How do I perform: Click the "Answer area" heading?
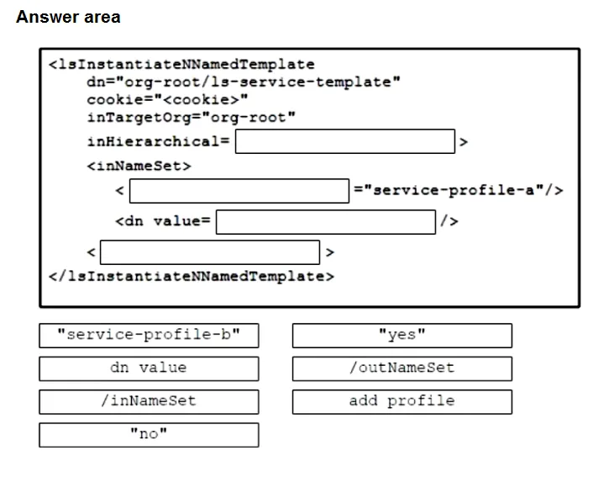pos(68,17)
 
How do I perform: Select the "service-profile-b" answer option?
pos(149,336)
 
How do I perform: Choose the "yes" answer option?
pos(402,336)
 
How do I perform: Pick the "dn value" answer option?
pos(149,368)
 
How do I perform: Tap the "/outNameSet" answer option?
pos(402,368)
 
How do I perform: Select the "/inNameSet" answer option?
pos(149,402)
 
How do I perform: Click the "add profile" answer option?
pos(402,402)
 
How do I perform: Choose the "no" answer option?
pos(149,435)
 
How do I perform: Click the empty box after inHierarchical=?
pos(345,141)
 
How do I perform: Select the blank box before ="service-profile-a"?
pos(239,191)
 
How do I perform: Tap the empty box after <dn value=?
pos(326,222)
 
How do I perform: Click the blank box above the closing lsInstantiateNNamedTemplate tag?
pos(210,252)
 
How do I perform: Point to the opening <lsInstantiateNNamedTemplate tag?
pos(182,64)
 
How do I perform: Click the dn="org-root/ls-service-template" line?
pos(244,82)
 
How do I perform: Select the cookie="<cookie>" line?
pos(167,99)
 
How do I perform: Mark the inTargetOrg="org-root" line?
pos(191,118)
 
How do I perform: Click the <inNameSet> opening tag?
pos(139,166)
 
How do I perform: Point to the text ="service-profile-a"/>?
pos(459,190)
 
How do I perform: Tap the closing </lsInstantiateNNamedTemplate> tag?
pos(191,276)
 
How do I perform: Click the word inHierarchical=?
pos(158,141)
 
